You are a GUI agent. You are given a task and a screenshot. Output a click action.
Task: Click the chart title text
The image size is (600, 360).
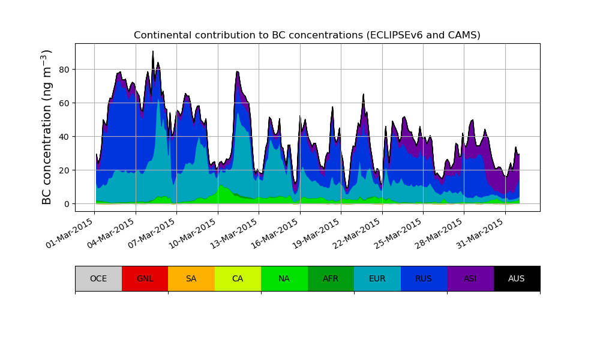[307, 35]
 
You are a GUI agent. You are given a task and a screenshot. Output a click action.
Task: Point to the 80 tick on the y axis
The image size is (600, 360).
[64, 70]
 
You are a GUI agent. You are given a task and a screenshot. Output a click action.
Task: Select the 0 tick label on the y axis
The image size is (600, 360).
[67, 204]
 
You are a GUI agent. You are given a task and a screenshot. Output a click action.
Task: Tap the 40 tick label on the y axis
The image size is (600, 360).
[64, 137]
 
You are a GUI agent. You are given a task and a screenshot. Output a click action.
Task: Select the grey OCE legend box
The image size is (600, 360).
[98, 278]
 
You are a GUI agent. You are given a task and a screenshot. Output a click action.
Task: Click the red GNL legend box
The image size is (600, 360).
[145, 278]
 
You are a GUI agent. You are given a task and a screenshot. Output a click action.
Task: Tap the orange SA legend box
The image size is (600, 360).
[191, 278]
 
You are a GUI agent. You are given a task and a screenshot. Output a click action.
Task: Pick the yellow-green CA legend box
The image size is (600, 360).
[238, 278]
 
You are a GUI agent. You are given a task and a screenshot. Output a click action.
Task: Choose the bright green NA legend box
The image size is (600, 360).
[284, 278]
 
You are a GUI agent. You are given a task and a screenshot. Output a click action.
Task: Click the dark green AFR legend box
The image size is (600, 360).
[331, 278]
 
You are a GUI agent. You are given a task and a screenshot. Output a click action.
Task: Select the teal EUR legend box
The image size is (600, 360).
[377, 278]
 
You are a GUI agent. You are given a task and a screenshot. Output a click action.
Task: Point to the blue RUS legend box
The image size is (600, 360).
[424, 278]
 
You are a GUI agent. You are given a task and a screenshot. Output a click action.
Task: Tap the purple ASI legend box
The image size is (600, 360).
[470, 278]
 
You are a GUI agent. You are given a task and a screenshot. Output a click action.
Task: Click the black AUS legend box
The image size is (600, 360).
[517, 278]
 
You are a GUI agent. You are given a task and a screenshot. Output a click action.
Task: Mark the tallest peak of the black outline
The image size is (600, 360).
[153, 52]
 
